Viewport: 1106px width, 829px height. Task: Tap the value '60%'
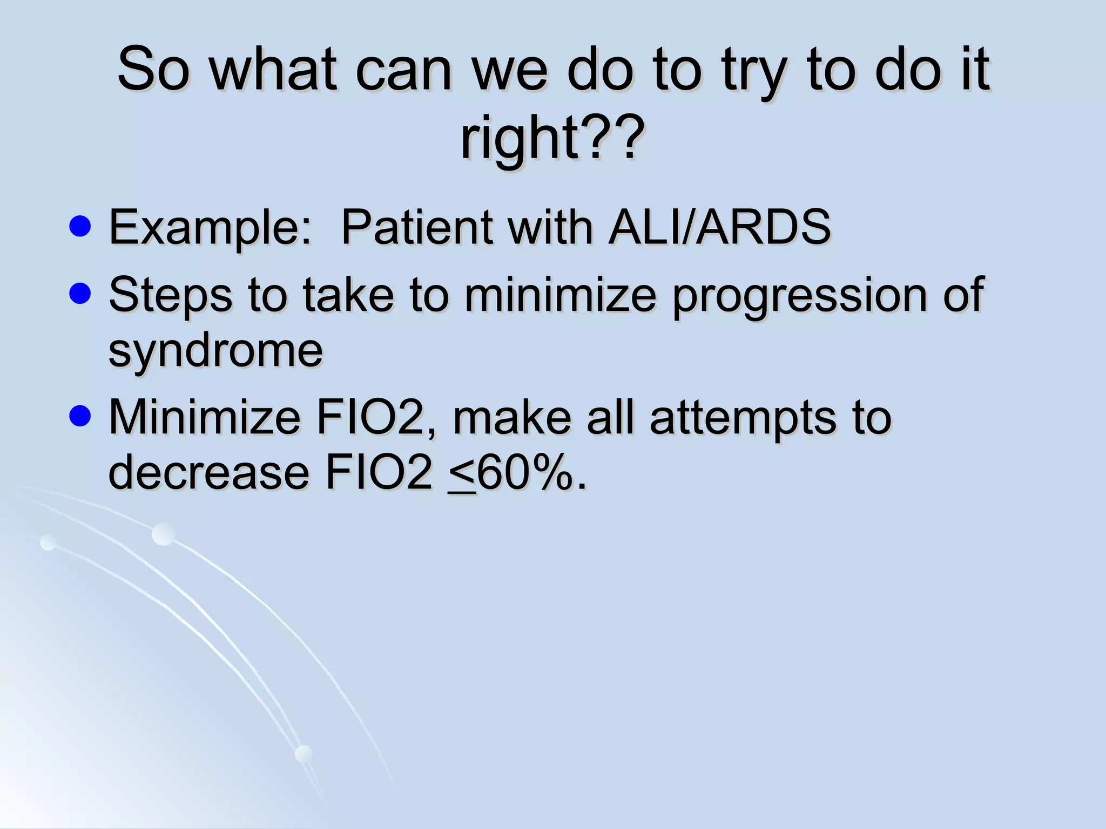pyautogui.click(x=524, y=473)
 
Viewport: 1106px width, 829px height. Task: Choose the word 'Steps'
pyautogui.click(x=171, y=295)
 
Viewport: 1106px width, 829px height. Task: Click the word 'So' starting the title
pyautogui.click(x=154, y=70)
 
